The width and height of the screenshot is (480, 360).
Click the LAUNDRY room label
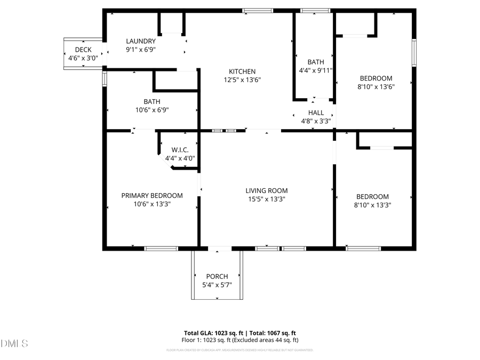point(141,41)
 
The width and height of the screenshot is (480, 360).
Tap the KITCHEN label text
point(242,71)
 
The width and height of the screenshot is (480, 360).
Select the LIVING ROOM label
point(266,190)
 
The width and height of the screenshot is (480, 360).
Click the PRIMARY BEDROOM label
point(152,196)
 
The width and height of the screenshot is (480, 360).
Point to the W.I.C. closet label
point(180,150)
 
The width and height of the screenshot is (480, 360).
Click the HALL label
point(316,113)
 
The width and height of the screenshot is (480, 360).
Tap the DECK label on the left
point(83,50)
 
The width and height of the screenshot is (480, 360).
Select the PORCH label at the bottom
point(217,276)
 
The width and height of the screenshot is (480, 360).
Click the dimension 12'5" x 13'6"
point(242,80)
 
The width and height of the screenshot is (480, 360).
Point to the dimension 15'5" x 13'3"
point(266,199)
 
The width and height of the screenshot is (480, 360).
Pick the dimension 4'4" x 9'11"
point(315,70)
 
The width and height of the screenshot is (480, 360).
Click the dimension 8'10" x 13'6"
point(375,86)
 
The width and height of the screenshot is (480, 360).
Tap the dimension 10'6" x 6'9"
point(152,110)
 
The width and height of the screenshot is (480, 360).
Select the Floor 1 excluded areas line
point(241,340)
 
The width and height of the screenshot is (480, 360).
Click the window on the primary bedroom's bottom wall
point(161,249)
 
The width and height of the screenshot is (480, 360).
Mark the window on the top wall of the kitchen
point(258,11)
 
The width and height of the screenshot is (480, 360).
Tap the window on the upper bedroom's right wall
point(413,53)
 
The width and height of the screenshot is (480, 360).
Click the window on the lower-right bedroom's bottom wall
point(363,249)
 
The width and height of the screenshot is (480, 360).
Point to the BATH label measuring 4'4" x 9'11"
point(315,62)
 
